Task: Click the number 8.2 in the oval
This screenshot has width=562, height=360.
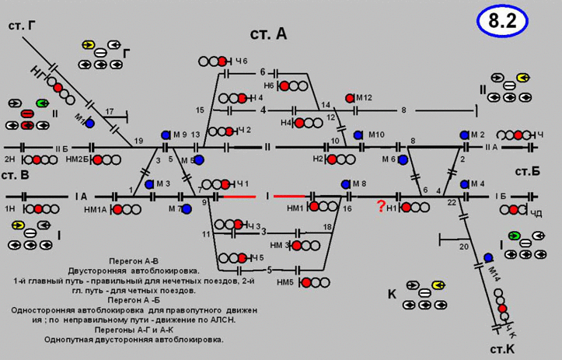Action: click(502, 22)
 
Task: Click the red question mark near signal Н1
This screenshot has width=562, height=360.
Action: click(381, 206)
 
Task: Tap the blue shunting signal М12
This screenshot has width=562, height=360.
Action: click(350, 98)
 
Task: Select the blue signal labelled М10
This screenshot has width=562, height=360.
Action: click(358, 135)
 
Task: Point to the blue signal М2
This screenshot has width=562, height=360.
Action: click(464, 135)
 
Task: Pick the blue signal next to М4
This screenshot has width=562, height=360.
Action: click(464, 184)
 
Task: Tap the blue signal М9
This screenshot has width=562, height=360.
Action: click(166, 135)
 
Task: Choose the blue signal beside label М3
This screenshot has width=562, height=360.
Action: click(148, 183)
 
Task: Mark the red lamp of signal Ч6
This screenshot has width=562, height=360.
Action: click(222, 61)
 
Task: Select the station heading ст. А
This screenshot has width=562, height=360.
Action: click(268, 33)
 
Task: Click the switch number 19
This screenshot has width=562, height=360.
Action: click(138, 141)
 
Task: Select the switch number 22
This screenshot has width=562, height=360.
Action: click(452, 202)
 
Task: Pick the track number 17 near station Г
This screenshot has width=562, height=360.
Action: click(110, 111)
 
